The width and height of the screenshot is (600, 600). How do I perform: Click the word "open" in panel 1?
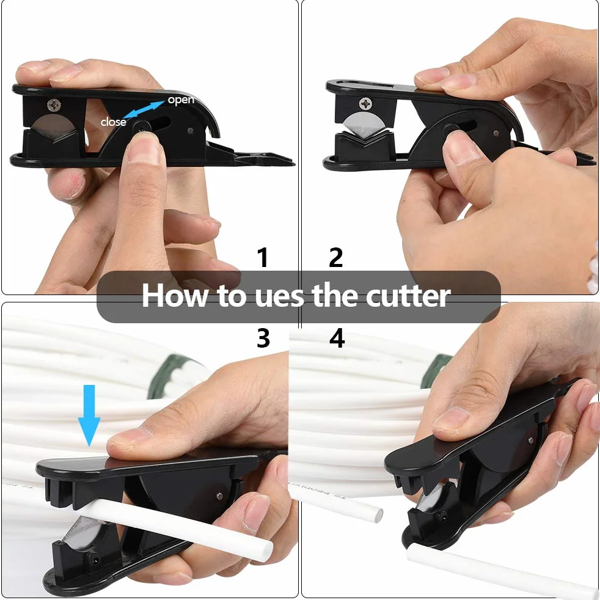181,100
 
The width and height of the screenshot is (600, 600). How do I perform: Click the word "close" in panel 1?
113,122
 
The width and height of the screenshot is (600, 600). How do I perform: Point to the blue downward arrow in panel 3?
89,415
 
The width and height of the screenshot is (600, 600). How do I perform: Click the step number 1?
263,257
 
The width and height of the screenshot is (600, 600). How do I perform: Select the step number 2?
335,257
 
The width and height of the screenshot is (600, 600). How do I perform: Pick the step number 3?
263,338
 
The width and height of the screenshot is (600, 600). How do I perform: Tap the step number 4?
337,338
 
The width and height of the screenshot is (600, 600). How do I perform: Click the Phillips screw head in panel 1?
54,104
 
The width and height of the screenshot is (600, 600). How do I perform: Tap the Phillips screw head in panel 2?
365,103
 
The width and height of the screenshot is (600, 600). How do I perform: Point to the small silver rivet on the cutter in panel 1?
190,131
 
